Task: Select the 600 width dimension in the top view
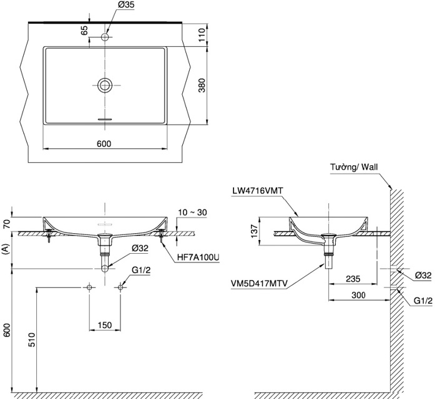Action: coord(104,144)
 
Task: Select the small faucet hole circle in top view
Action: coord(106,38)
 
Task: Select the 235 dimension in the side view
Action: coord(353,281)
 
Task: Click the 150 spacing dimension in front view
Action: coord(104,325)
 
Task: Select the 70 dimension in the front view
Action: coord(7,223)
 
